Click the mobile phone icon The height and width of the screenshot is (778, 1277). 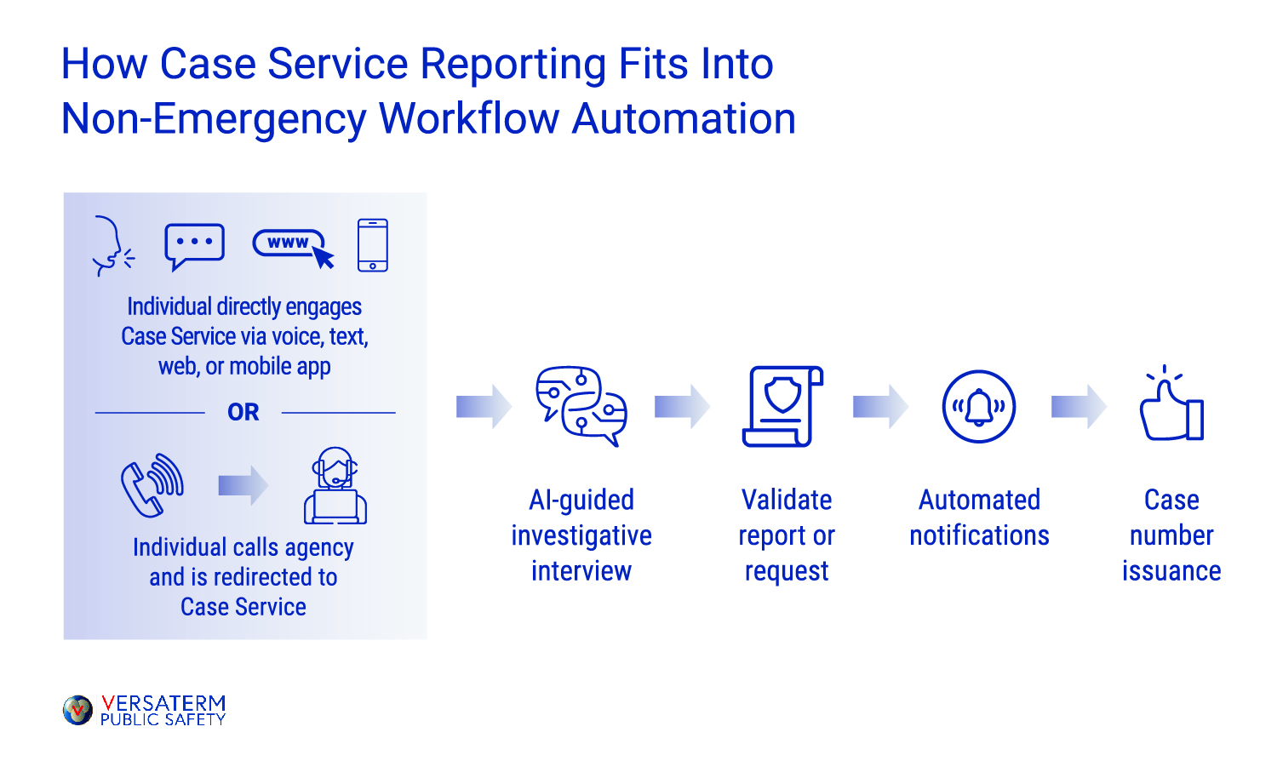click(373, 245)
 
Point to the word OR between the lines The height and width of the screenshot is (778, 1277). click(243, 413)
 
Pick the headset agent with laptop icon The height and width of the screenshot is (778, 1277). click(335, 486)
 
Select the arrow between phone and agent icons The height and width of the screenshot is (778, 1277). click(243, 485)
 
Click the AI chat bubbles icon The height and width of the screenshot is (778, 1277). click(581, 407)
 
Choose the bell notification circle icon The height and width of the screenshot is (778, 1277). click(979, 407)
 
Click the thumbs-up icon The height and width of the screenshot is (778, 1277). click(1171, 405)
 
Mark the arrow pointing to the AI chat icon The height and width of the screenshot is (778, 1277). click(484, 407)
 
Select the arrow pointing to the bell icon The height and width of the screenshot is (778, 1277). click(880, 407)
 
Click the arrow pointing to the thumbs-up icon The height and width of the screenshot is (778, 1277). click(1079, 407)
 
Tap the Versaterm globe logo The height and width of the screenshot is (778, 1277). click(77, 710)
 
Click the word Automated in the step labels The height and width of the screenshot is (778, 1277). click(979, 500)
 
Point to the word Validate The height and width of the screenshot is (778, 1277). click(787, 500)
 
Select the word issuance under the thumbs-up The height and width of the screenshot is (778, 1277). click(1171, 571)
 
